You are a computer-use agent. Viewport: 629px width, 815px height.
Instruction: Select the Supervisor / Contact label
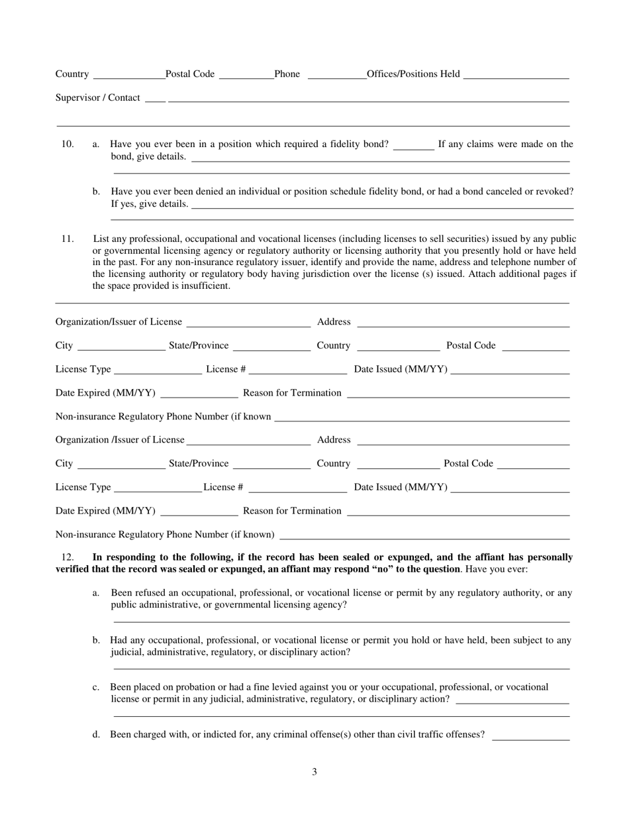pos(97,97)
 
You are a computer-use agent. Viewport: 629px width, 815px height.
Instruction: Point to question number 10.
pos(67,144)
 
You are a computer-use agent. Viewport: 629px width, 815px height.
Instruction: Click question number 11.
pos(67,239)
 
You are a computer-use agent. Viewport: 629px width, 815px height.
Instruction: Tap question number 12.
pos(67,557)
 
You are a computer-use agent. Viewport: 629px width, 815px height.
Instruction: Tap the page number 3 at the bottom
pos(314,772)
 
